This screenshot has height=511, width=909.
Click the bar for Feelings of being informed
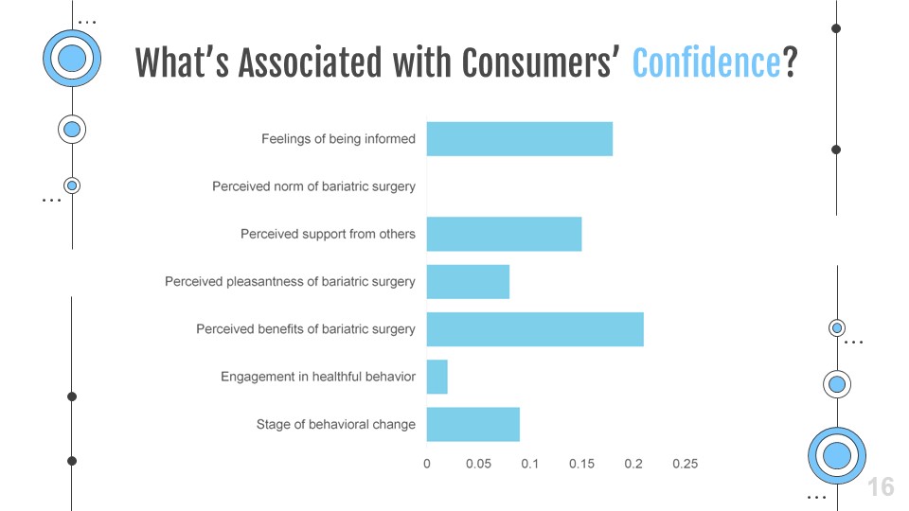[519, 139]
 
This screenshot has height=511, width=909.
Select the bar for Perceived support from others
[504, 234]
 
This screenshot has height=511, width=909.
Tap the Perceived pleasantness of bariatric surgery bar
[468, 282]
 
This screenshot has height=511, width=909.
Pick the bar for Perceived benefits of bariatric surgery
[535, 329]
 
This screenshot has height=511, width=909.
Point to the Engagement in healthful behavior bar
[437, 377]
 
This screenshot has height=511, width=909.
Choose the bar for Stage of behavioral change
[472, 424]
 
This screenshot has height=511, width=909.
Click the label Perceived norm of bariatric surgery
[313, 186]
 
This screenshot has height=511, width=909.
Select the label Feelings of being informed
[338, 139]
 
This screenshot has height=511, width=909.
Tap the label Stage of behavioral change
[335, 424]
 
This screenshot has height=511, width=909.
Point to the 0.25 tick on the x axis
[685, 464]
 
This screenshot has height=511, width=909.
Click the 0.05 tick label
[478, 464]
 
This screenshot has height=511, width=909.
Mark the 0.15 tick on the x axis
[581, 464]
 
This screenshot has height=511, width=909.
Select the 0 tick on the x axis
[426, 464]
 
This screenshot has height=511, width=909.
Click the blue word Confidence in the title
[706, 62]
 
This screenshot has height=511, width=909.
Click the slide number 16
[881, 486]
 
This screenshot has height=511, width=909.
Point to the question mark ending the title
[790, 62]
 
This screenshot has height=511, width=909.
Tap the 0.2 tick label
[633, 464]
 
